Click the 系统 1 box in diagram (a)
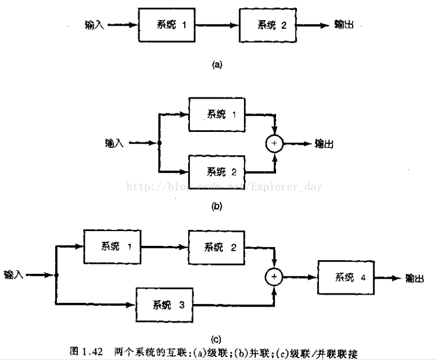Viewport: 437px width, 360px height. click(167, 26)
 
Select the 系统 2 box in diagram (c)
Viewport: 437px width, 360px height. click(216, 247)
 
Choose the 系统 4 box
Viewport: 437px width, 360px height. click(346, 277)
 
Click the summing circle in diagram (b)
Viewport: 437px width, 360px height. click(275, 143)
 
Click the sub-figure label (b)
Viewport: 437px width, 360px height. click(217, 207)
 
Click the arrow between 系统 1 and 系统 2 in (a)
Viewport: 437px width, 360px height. click(217, 26)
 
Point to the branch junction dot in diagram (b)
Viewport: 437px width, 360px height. click(160, 143)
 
